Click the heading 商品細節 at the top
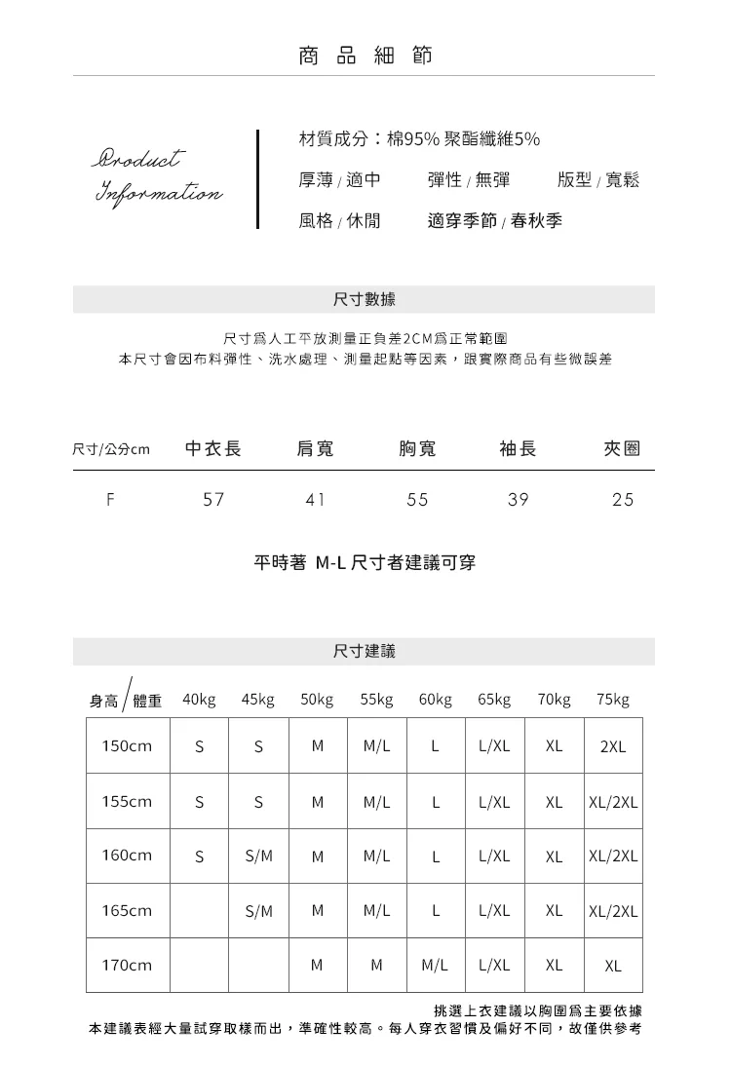coord(365,56)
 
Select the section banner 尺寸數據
coord(365,299)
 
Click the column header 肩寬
coord(315,448)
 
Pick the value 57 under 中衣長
coord(213,500)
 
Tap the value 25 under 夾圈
coord(623,500)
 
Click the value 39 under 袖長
coord(519,500)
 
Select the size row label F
coord(111,500)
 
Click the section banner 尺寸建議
coord(365,651)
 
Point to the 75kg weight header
coord(613,700)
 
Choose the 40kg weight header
coord(199,700)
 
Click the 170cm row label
coord(128,966)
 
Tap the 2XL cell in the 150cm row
coord(613,747)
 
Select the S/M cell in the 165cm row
coord(259,911)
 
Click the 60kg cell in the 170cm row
coord(436,966)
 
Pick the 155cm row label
coord(128,802)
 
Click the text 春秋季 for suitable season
coord(537,221)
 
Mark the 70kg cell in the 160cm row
coord(555,857)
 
